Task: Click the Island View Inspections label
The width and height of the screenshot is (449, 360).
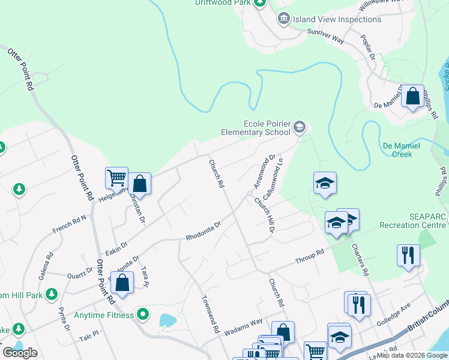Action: [337, 19]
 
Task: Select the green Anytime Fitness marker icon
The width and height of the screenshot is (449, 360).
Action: [143, 314]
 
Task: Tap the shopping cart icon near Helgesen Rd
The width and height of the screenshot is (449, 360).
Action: [116, 178]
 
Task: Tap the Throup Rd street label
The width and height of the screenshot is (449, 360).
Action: [309, 257]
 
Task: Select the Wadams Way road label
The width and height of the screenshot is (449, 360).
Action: [244, 327]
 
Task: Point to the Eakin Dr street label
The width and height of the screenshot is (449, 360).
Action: [116, 247]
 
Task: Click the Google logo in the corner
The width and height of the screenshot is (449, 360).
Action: [20, 352]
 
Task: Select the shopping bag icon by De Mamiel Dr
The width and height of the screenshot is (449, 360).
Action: [413, 97]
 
